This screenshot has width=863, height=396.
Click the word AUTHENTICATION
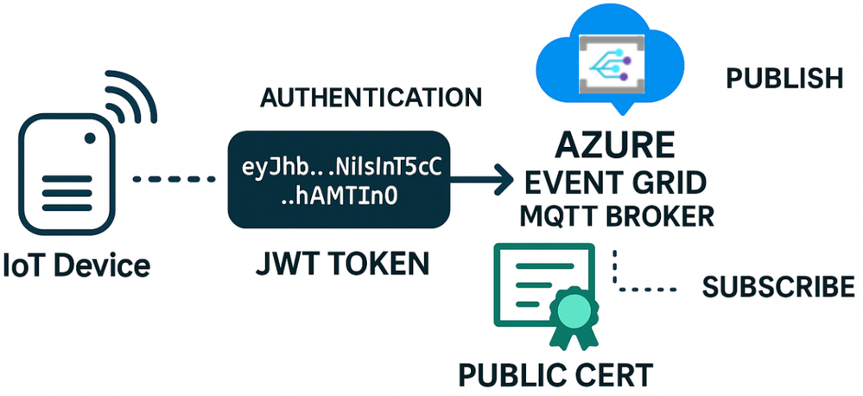pos(371,97)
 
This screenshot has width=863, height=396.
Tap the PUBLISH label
pos(784,79)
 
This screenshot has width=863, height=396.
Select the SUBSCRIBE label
pos(778,287)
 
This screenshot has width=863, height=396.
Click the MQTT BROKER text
pos(616,215)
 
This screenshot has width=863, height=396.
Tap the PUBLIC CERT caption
pos(555,376)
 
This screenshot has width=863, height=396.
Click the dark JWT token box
pos(339,180)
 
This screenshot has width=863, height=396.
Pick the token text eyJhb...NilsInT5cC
pos(339,167)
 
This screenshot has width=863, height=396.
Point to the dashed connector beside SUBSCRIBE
pos(639,285)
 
